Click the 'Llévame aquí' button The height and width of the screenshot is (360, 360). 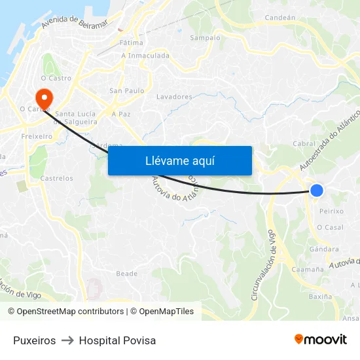(180, 161)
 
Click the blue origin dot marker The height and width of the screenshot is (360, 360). (317, 190)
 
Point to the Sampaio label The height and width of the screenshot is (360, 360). (205, 38)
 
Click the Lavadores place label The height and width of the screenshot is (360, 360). (174, 97)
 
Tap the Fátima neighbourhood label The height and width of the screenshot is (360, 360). (132, 43)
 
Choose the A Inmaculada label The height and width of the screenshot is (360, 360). (145, 56)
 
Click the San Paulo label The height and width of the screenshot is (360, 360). (126, 90)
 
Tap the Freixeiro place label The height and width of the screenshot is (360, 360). (37, 137)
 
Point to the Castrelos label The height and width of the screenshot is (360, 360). (57, 178)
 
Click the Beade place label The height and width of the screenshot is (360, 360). (126, 274)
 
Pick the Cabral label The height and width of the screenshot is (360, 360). (304, 144)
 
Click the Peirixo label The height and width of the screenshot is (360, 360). (331, 211)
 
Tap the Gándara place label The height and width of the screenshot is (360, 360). (325, 249)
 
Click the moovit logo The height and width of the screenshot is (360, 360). (321, 340)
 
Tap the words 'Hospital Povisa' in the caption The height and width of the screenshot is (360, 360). (117, 340)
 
